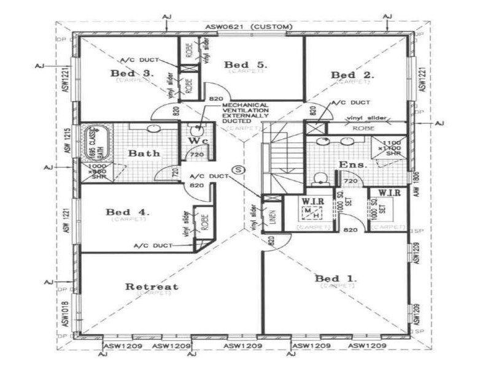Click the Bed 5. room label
click(237, 64)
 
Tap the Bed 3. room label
click(132, 74)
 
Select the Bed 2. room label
click(352, 75)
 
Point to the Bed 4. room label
click(127, 212)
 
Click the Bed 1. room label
click(335, 279)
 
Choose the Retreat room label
click(152, 286)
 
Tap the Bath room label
click(144, 153)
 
